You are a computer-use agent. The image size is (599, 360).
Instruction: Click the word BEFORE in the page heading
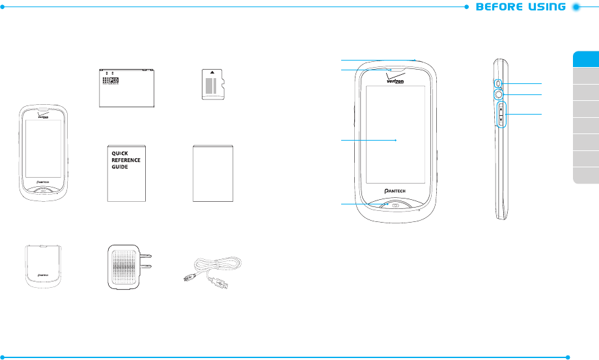(498, 8)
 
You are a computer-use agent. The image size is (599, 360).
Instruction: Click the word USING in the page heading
(543, 8)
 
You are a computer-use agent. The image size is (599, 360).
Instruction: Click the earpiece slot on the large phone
(395, 67)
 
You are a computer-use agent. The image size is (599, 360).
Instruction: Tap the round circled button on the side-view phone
(499, 95)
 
